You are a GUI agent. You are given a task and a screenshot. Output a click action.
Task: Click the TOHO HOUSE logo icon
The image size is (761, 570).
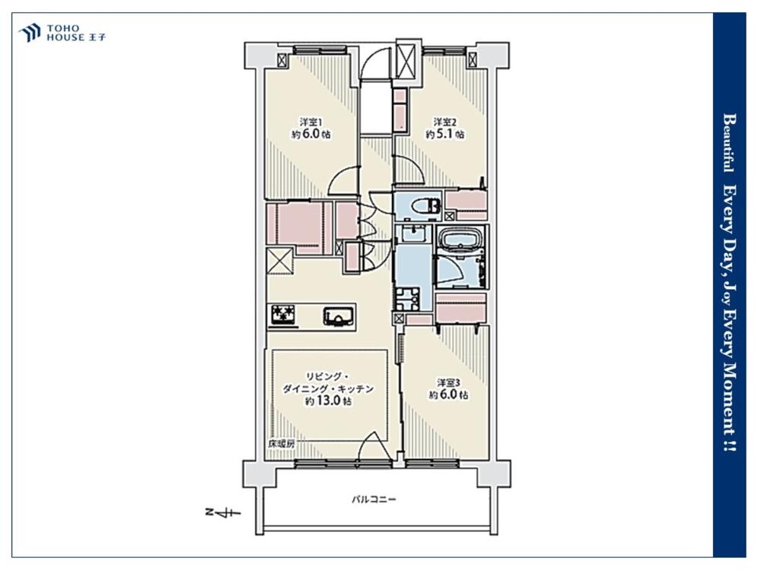tap(29, 33)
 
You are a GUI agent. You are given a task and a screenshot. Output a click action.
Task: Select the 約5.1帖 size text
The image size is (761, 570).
tap(445, 135)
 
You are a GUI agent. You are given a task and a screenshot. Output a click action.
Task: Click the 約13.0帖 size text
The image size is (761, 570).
tap(329, 401)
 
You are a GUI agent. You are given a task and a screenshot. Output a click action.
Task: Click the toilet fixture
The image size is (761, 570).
tap(425, 207)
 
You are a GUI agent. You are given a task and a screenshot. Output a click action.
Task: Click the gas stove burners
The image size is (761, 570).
tap(283, 315)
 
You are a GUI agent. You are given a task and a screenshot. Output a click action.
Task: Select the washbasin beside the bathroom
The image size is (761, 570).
tap(413, 235)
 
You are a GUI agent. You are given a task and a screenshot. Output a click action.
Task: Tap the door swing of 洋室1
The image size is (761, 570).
tap(342, 180)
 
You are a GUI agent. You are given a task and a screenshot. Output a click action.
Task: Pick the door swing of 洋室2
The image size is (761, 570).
tap(407, 169)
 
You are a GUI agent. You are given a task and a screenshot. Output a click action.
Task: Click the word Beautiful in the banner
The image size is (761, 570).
tap(729, 143)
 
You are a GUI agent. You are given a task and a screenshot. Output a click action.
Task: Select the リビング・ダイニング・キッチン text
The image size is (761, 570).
tap(329, 383)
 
